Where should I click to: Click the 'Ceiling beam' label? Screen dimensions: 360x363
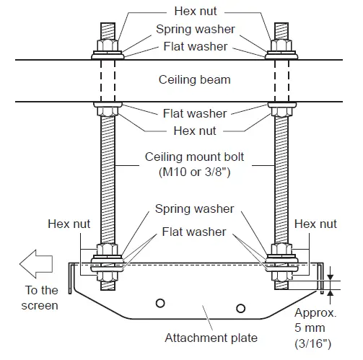tap(193, 79)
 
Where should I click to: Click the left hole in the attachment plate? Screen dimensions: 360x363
tap(160, 302)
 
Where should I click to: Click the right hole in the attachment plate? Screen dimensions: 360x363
tap(240, 308)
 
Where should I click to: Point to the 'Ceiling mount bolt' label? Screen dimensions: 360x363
tap(195, 157)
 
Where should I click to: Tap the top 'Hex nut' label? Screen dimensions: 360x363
tap(194, 12)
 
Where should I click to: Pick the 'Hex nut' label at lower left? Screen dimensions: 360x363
tap(69, 224)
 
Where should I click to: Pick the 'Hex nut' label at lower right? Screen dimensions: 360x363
tap(315, 224)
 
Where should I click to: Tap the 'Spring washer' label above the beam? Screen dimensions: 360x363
tap(194, 30)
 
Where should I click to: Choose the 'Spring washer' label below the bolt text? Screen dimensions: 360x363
tap(194, 209)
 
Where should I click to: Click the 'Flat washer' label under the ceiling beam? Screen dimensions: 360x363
tap(194, 113)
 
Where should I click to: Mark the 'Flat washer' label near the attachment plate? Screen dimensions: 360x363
tap(194, 232)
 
